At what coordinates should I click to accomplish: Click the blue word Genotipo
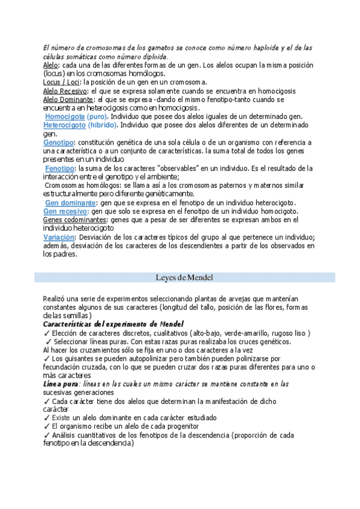58,143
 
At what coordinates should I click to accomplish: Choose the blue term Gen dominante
66,203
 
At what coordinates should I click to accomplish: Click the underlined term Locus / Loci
62,82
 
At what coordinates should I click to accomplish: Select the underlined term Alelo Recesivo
66,91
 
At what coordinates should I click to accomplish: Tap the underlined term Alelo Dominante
68,99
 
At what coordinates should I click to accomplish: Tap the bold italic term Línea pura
61,384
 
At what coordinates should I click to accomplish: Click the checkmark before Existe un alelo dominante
47,417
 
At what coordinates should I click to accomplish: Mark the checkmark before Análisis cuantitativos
47,435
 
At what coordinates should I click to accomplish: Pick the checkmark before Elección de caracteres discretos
47,333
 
